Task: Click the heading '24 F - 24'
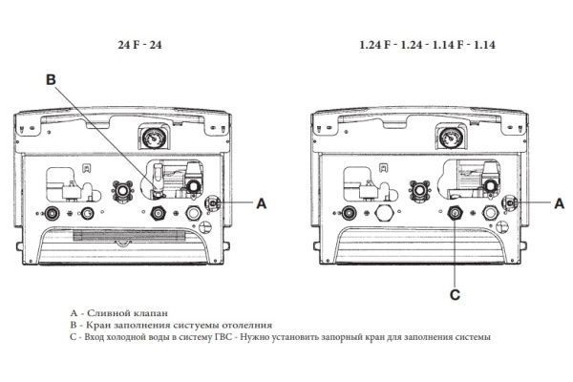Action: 139,45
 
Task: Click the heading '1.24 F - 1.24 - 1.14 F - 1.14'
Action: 428,45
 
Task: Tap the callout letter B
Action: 51,79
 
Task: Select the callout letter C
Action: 455,295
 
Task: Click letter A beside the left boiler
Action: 262,203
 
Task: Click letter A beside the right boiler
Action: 560,203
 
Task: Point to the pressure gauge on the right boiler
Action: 449,138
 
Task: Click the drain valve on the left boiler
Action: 212,202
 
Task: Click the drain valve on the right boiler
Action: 510,202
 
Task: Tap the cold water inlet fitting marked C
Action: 456,213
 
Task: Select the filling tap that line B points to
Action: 158,180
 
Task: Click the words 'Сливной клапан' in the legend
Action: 128,313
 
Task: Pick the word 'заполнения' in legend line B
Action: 142,325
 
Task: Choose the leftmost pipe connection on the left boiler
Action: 52,212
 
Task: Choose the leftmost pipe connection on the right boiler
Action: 350,212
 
